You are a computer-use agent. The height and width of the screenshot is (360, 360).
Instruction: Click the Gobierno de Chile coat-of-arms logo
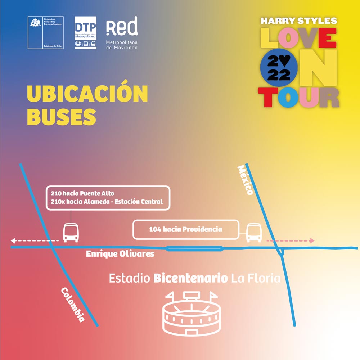(x=46, y=32)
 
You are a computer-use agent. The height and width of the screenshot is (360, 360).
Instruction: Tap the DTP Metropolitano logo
(x=85, y=32)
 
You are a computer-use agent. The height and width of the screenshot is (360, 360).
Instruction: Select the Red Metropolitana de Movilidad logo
(x=122, y=32)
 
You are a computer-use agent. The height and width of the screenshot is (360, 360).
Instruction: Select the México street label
(x=246, y=180)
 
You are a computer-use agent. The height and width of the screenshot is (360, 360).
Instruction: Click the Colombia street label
(x=73, y=305)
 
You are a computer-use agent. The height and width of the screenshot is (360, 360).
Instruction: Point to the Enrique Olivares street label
(x=120, y=254)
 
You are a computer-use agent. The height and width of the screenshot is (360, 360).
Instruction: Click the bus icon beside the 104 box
(x=254, y=233)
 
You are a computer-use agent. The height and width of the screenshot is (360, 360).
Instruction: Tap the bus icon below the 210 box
(x=71, y=233)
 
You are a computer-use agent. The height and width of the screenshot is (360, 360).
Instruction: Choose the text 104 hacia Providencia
(x=185, y=229)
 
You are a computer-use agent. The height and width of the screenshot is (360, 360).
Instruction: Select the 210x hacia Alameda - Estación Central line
(x=107, y=202)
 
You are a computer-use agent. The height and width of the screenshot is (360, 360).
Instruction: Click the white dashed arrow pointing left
(x=34, y=240)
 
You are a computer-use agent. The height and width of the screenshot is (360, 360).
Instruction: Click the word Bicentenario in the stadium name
(x=190, y=278)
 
